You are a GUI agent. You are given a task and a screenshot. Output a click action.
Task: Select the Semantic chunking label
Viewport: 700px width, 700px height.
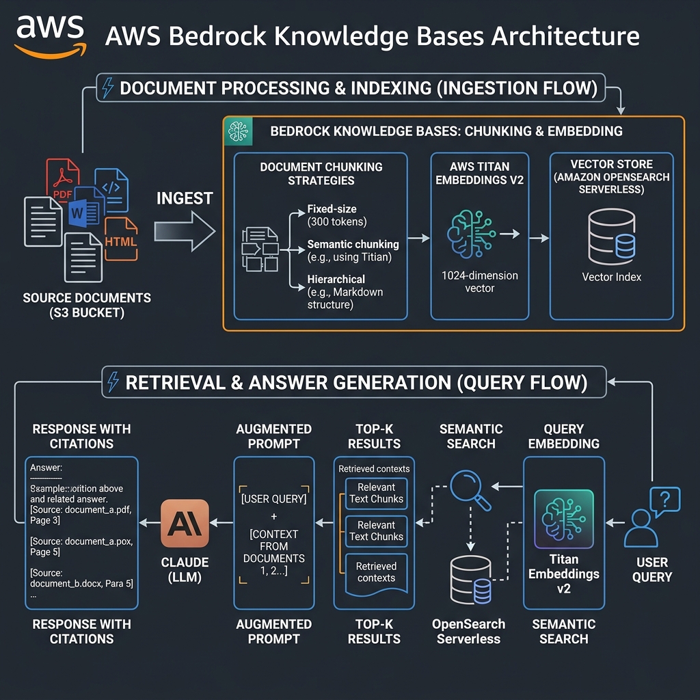pyautogui.click(x=353, y=250)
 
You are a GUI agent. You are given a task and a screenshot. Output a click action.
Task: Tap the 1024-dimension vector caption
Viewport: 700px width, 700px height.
pyautogui.click(x=479, y=282)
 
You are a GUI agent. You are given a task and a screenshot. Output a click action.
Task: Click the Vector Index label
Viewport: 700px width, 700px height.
pyautogui.click(x=611, y=277)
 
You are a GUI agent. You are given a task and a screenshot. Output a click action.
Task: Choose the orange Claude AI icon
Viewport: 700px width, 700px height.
pyautogui.click(x=185, y=523)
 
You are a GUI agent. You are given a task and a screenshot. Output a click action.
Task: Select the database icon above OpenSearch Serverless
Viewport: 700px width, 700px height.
pyautogui.click(x=471, y=580)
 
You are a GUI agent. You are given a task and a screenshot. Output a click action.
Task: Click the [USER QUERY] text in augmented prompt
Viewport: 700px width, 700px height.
pyautogui.click(x=274, y=499)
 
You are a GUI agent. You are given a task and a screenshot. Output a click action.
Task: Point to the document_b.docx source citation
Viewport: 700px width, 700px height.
pyautogui.click(x=81, y=578)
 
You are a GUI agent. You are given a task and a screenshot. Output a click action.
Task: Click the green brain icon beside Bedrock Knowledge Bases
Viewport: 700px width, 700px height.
pyautogui.click(x=239, y=131)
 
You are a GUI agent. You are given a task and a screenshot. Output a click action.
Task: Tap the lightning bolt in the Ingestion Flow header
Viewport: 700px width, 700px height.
pyautogui.click(x=108, y=88)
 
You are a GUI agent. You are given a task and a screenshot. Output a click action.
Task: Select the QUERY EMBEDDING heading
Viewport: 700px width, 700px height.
pyautogui.click(x=564, y=436)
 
